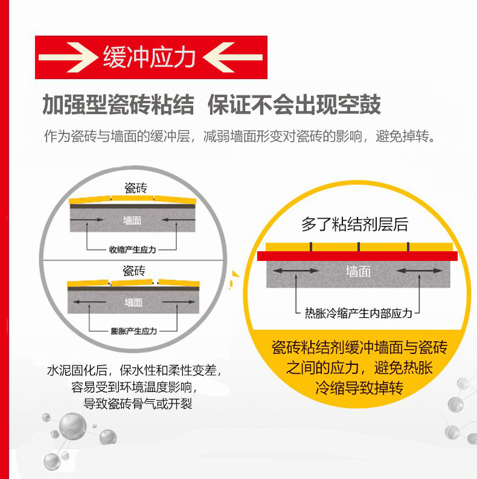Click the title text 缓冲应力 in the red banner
click(149, 57)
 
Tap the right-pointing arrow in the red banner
click(68, 57)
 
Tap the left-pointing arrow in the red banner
click(232, 57)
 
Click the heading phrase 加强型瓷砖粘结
click(118, 104)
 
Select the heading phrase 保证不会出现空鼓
click(294, 104)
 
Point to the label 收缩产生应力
click(133, 249)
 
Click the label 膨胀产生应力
click(134, 331)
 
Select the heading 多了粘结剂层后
click(354, 224)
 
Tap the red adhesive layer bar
click(357, 256)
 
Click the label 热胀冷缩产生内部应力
click(359, 313)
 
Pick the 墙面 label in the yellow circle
click(358, 271)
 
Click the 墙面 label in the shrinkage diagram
click(132, 220)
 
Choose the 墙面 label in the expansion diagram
click(133, 303)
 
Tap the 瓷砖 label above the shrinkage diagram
click(136, 188)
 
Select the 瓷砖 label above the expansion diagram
click(134, 271)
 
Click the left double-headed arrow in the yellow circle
click(296, 271)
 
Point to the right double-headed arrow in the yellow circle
click(419, 271)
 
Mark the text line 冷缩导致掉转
click(359, 388)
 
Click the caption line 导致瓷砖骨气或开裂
click(138, 404)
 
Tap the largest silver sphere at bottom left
click(72, 426)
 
